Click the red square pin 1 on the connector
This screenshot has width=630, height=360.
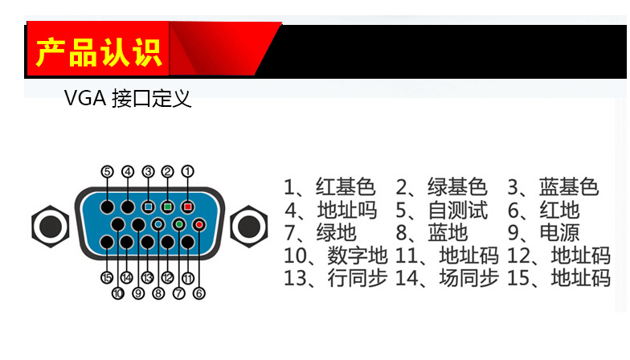[x=187, y=207]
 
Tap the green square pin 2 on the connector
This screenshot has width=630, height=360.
[x=167, y=207]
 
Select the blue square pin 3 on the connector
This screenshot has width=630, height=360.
[x=148, y=207]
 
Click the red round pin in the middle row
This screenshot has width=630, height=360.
[x=198, y=225]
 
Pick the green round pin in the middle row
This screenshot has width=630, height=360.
[x=178, y=225]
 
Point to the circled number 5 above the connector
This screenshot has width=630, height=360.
[x=108, y=171]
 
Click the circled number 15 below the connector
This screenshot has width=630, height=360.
[x=107, y=278]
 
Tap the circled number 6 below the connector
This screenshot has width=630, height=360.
[x=198, y=293]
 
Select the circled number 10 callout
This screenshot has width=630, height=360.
[x=118, y=293]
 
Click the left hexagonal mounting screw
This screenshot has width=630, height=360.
[x=47, y=226]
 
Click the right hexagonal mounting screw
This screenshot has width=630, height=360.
[x=248, y=226]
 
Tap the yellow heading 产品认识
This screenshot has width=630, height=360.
[x=99, y=50]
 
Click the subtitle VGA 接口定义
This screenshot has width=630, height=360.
[x=128, y=99]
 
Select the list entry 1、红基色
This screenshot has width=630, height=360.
[x=329, y=188]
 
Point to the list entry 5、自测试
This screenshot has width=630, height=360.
[x=442, y=211]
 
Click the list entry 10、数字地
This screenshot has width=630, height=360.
[x=336, y=256]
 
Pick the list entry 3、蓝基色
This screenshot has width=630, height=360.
[x=553, y=188]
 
